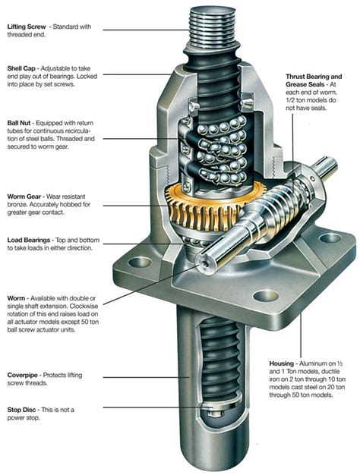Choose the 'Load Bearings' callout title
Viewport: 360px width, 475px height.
(x=30, y=241)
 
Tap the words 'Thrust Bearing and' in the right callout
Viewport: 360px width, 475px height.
(x=314, y=77)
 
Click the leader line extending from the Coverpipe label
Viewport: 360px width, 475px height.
(x=137, y=376)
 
